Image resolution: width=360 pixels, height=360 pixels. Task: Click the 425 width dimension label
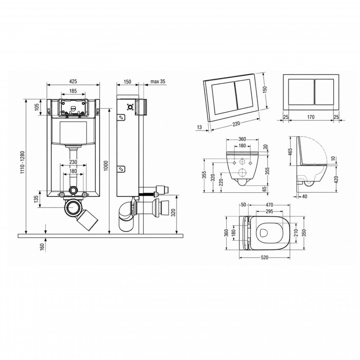click(x=73, y=81)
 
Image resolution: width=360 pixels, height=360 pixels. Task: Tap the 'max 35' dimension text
click(x=158, y=81)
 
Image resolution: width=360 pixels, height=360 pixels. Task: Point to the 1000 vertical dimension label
click(x=105, y=166)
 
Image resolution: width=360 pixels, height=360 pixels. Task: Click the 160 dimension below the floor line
click(x=42, y=247)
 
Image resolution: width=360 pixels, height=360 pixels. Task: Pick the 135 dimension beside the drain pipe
click(x=36, y=199)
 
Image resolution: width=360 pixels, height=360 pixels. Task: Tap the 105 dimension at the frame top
click(x=37, y=107)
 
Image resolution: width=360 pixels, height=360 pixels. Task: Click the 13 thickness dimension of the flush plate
click(x=199, y=127)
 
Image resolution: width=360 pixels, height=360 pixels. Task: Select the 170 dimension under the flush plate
click(x=310, y=117)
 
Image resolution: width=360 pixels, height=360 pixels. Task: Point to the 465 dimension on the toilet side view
click(x=290, y=152)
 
